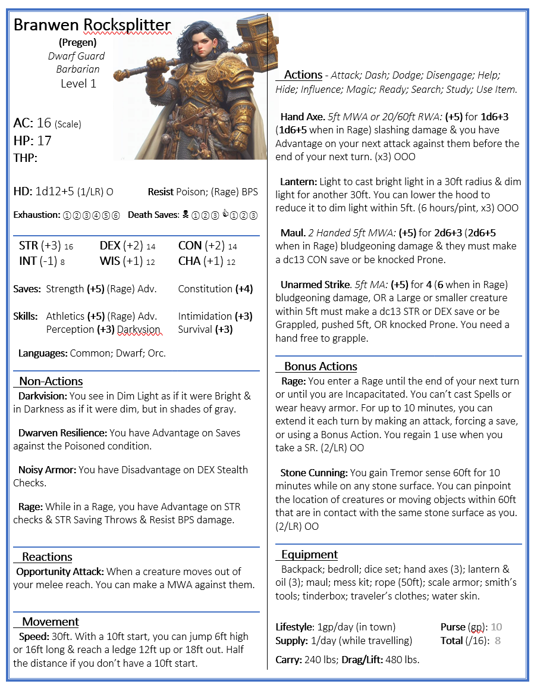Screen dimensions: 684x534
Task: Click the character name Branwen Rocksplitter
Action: tap(92, 25)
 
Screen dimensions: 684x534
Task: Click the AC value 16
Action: tap(44, 123)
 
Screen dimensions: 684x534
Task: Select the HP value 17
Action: tap(44, 141)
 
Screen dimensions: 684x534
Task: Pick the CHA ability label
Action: tap(190, 261)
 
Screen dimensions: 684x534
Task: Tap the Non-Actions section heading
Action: tap(51, 381)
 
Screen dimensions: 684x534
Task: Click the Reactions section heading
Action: tap(47, 557)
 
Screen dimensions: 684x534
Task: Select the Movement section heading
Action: tap(51, 621)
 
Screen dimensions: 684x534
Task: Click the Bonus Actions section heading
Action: tap(321, 366)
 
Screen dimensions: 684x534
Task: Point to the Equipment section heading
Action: tap(309, 554)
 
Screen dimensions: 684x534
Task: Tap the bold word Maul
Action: tap(291, 233)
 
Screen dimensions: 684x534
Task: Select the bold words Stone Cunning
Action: tap(314, 473)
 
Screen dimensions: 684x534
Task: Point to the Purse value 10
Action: tap(497, 627)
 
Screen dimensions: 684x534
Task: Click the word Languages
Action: tap(42, 353)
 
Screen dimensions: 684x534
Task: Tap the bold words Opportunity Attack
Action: tap(59, 571)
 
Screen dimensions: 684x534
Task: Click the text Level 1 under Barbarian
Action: tap(78, 83)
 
